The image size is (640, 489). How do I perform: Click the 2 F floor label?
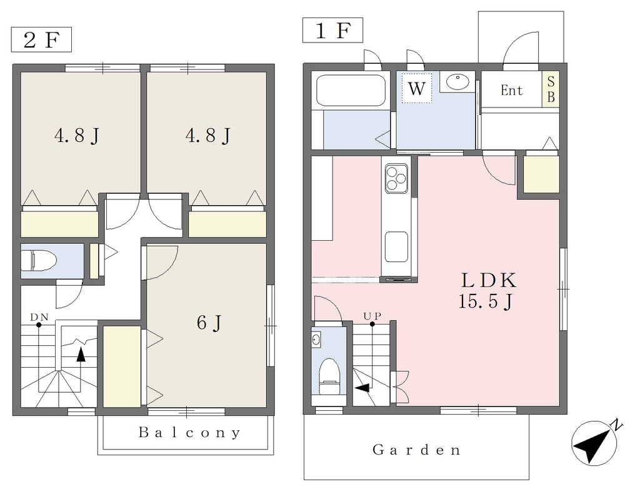click(41, 40)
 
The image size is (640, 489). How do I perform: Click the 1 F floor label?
click(332, 30)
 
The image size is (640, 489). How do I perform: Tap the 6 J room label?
click(209, 323)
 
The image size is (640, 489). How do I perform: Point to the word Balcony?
click(189, 432)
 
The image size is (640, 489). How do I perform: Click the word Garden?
click(416, 450)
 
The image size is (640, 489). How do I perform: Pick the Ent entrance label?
click(511, 90)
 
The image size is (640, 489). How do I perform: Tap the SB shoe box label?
click(551, 89)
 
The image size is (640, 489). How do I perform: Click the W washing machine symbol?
click(416, 88)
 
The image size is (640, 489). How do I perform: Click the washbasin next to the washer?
click(457, 82)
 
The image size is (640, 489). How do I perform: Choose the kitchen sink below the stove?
click(396, 247)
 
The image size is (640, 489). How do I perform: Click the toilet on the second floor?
click(39, 261)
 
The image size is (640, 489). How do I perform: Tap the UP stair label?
click(372, 316)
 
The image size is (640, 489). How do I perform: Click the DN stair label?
click(39, 317)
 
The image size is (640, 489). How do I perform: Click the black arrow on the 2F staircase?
click(81, 354)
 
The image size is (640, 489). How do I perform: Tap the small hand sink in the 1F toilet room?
click(316, 339)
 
